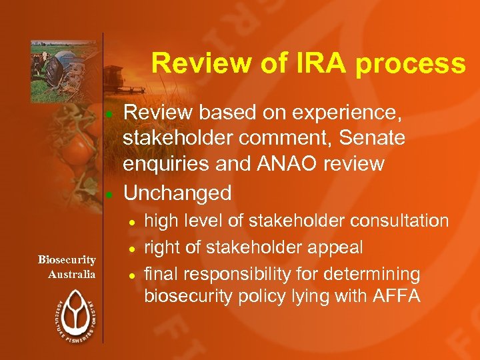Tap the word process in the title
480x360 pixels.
410,64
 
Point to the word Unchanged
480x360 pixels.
177,193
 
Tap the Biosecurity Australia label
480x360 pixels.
67,267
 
